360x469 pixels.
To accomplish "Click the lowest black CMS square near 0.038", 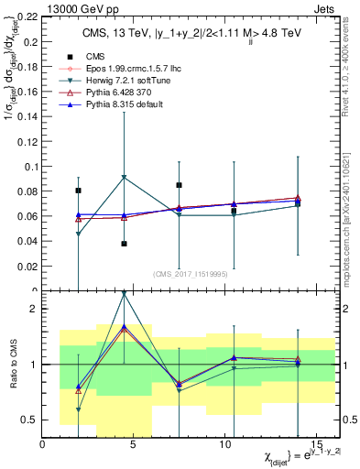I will pyautogui.click(x=124, y=244).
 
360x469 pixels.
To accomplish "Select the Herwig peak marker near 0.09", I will pyautogui.click(x=124, y=177).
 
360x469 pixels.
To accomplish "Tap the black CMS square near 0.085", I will pyautogui.click(x=180, y=185).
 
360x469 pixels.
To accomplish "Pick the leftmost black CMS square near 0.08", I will pyautogui.click(x=79, y=191).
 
